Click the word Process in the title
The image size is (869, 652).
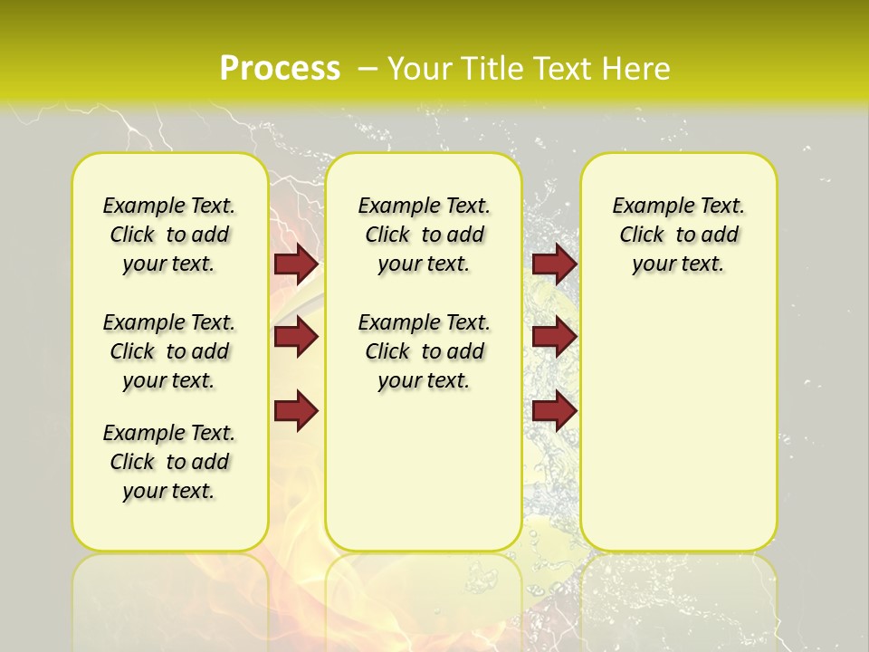pyautogui.click(x=280, y=69)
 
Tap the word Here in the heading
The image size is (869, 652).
pyautogui.click(x=636, y=69)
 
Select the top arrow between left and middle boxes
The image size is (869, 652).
pyautogui.click(x=296, y=264)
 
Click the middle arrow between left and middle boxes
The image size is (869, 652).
pyautogui.click(x=296, y=337)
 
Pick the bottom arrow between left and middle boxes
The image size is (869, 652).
pyautogui.click(x=296, y=411)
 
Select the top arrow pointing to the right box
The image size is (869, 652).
pyautogui.click(x=554, y=264)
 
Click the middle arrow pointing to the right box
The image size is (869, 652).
pyautogui.click(x=554, y=337)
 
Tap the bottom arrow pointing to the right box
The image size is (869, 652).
pyautogui.click(x=554, y=411)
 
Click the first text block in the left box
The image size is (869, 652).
pyautogui.click(x=169, y=235)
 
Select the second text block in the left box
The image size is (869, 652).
pyautogui.click(x=169, y=351)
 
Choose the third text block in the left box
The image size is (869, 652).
pyautogui.click(x=169, y=462)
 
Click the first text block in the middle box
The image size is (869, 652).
pyautogui.click(x=425, y=235)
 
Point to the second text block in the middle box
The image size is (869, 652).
pyautogui.click(x=425, y=351)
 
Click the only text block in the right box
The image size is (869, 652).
pyautogui.click(x=679, y=235)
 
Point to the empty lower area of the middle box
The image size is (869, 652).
pyautogui.click(x=424, y=471)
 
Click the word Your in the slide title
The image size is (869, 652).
pyautogui.click(x=420, y=69)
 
